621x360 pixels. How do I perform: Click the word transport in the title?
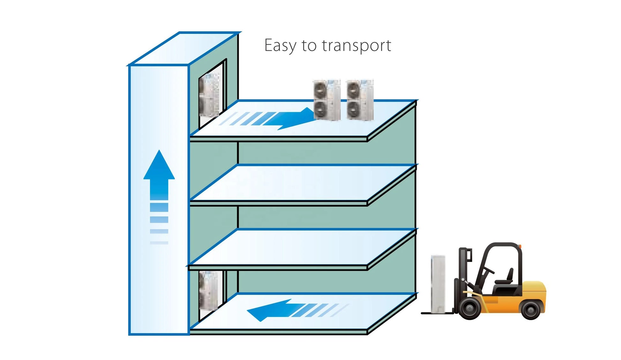(x=356, y=46)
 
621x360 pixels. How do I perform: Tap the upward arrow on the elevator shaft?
(x=159, y=191)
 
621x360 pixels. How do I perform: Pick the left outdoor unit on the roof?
(x=327, y=100)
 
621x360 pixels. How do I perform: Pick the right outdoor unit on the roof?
(x=360, y=100)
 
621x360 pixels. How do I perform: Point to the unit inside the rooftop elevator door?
(x=209, y=95)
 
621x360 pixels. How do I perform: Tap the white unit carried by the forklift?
(x=438, y=284)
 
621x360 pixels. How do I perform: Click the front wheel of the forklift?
(x=470, y=308)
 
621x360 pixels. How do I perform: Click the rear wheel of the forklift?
(x=530, y=309)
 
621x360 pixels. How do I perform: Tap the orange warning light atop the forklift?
(x=520, y=246)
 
